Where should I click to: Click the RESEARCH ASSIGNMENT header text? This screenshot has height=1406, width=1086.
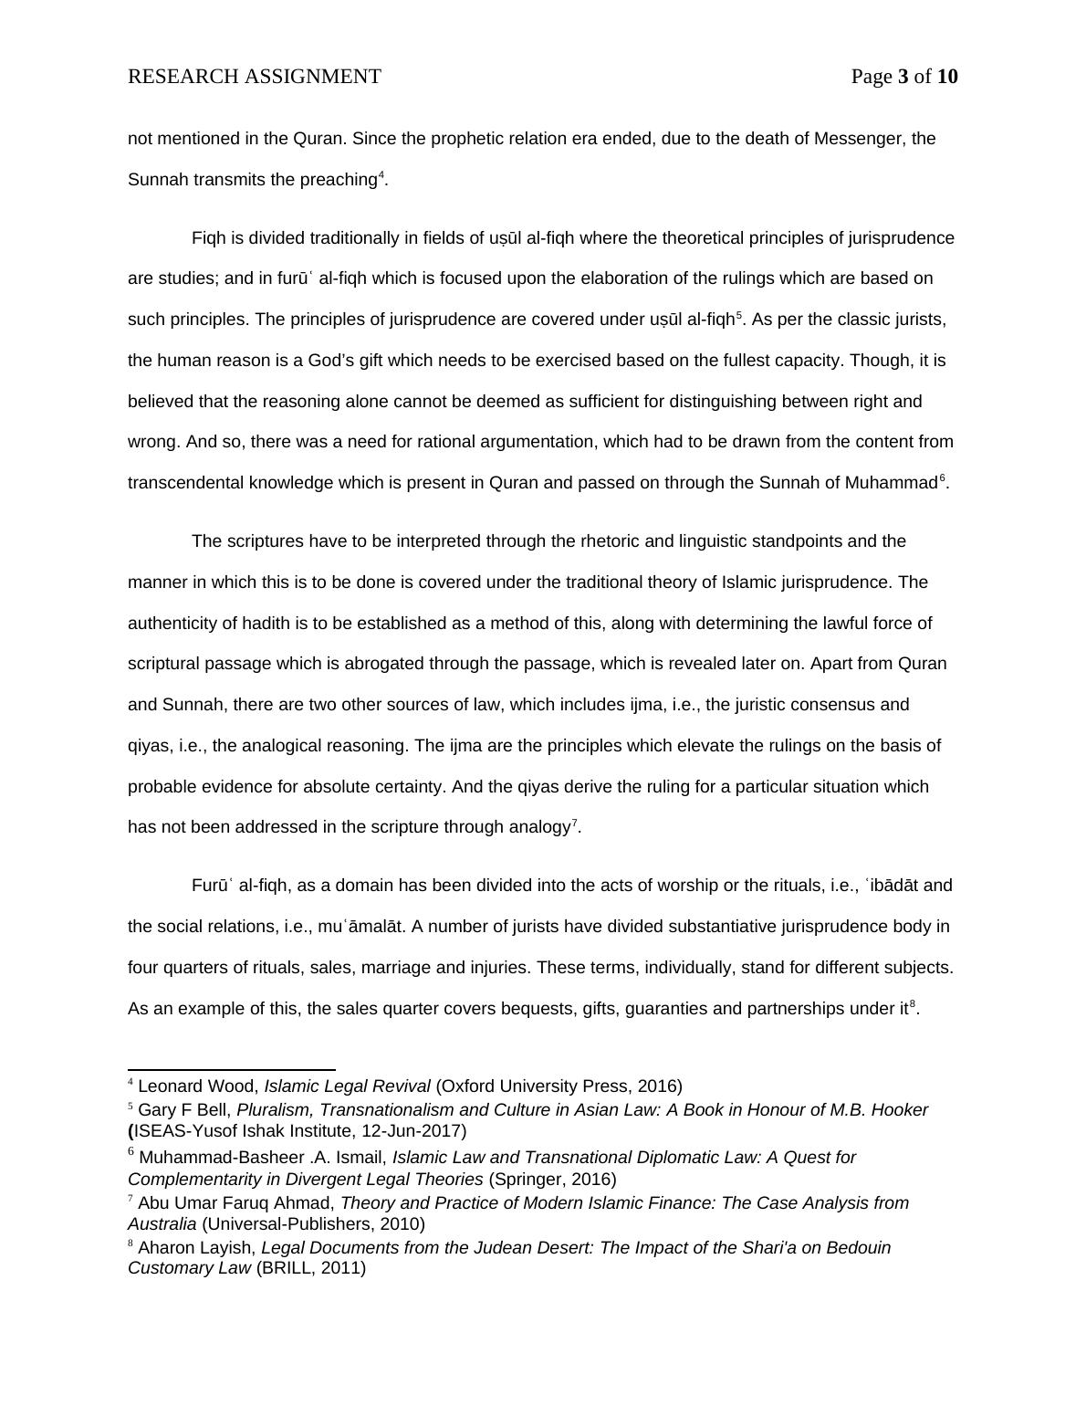coord(255,77)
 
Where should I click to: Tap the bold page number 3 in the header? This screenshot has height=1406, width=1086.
coord(903,77)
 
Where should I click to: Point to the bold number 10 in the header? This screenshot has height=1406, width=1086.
coord(947,77)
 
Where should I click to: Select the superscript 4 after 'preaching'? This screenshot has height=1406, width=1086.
coord(381,174)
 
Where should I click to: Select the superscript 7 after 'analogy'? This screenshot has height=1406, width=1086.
coord(574,823)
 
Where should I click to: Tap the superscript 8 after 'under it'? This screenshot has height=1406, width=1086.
coord(913,1003)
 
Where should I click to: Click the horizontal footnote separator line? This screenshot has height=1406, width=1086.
coord(232,1069)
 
